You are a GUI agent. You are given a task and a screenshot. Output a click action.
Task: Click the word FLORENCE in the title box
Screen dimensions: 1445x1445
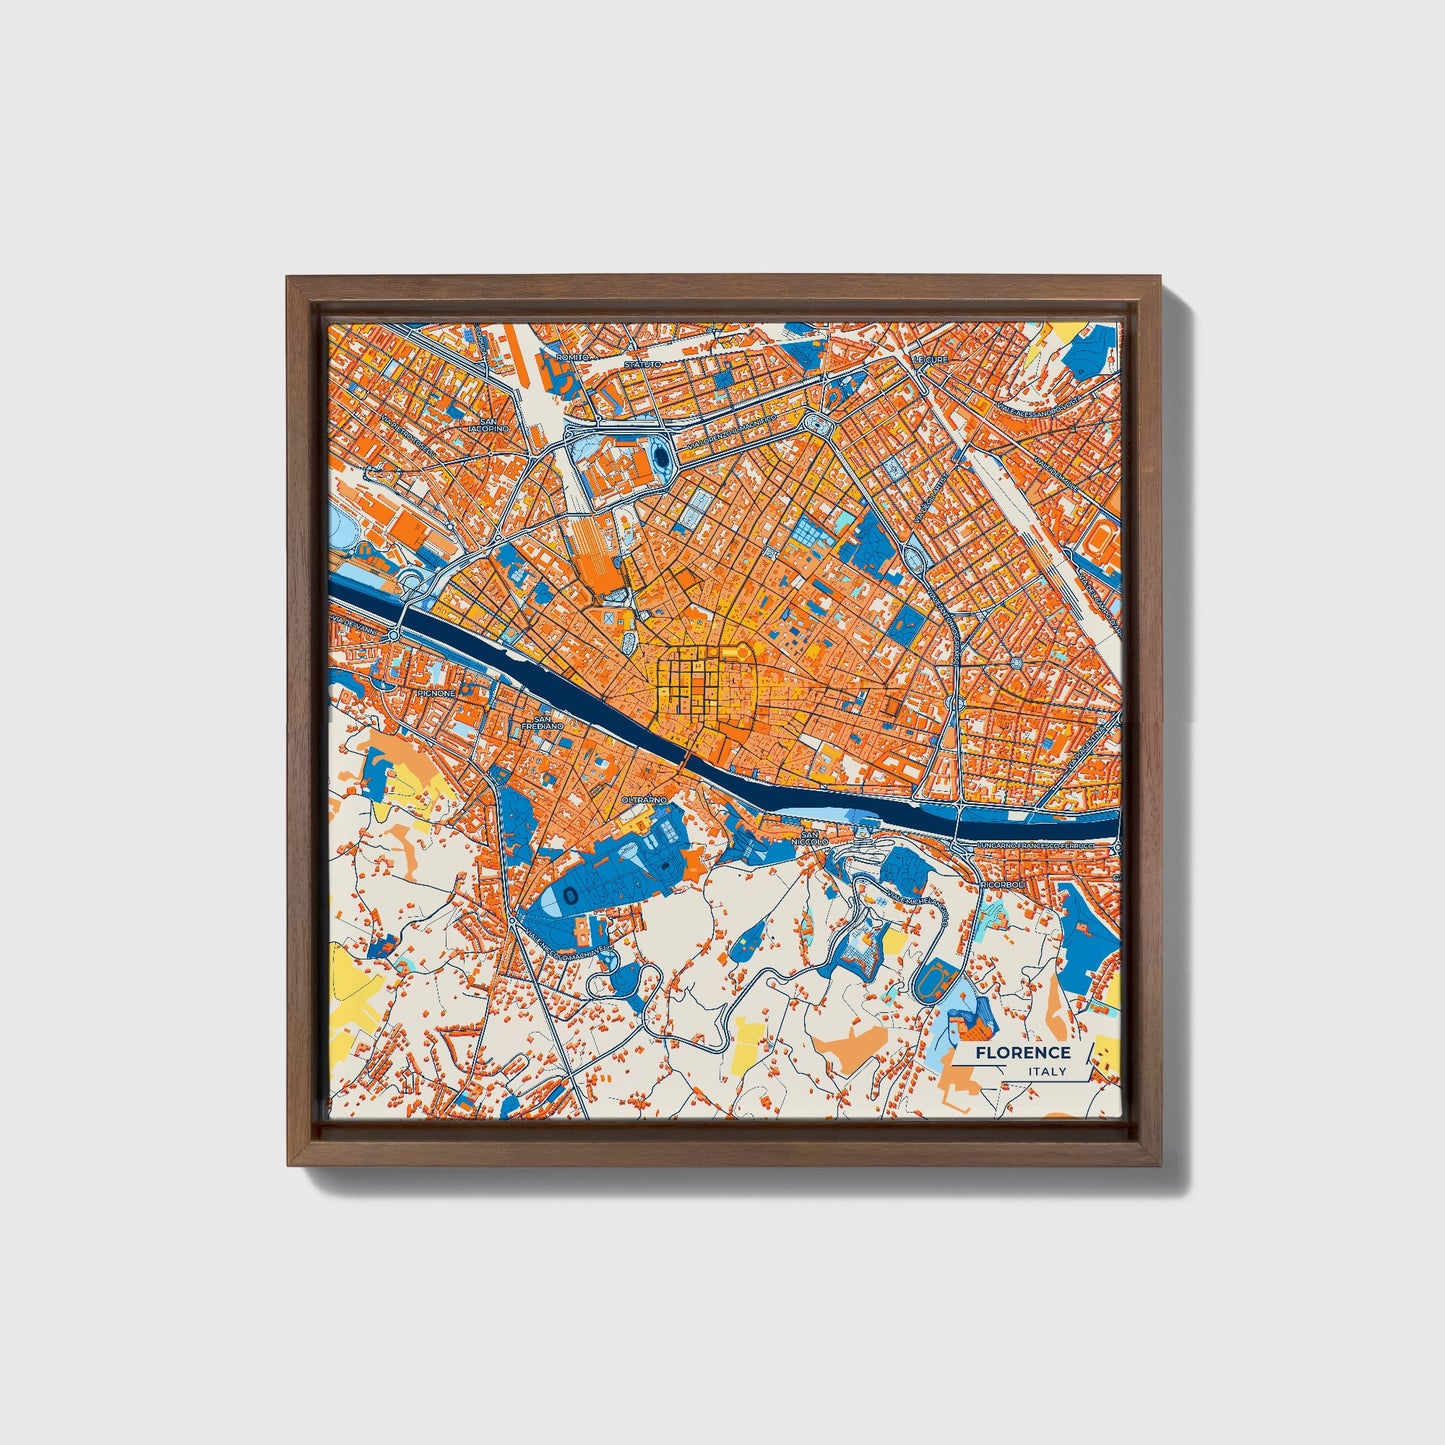tap(1023, 1052)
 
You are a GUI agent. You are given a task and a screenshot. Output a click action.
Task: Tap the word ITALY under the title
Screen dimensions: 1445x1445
tap(1047, 1071)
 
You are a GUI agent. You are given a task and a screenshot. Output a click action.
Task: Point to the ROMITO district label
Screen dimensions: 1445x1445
tap(574, 356)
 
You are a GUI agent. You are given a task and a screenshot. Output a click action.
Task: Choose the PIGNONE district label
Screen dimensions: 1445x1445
tap(437, 692)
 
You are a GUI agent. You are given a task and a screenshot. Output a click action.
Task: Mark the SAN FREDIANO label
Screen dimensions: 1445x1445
tap(548, 721)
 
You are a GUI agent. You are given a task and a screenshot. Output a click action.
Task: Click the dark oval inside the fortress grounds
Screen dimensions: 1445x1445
tap(662, 459)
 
